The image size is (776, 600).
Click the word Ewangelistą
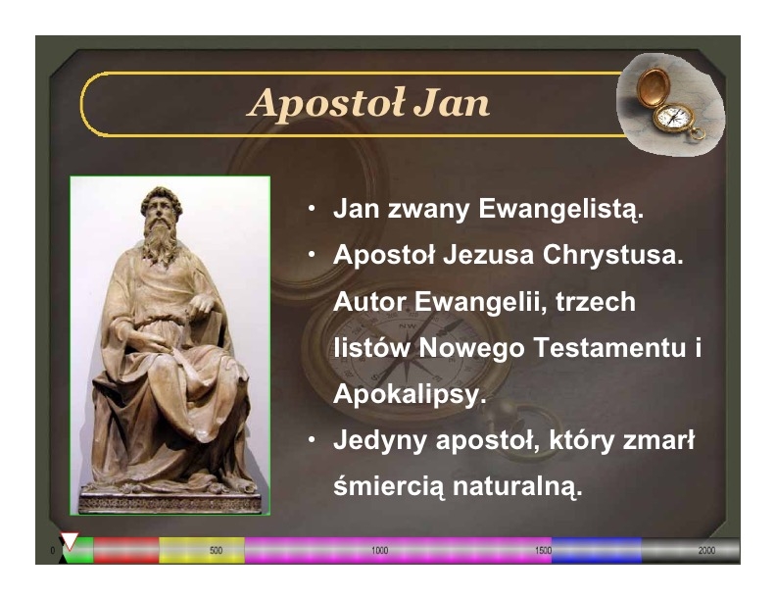point(560,210)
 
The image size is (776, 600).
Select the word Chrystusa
point(612,255)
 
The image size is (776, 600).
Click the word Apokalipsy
point(410,395)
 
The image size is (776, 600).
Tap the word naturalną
point(517,486)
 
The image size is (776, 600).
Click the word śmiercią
point(389,486)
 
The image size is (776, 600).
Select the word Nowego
point(471,347)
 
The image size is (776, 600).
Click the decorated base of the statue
point(170,502)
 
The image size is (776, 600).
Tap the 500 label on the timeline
point(216,551)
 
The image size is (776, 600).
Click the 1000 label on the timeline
point(379,551)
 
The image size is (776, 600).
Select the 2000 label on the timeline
point(706,551)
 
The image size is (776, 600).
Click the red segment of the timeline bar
point(126,551)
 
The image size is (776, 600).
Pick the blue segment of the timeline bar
point(597,551)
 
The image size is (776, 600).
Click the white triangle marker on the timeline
point(70,540)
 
